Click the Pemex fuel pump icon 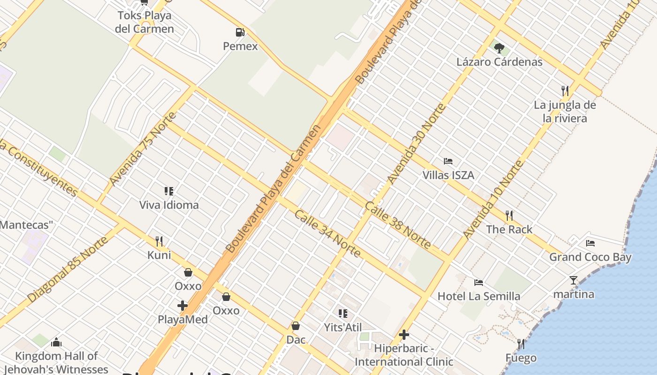click(x=240, y=32)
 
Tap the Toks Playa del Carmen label click(x=145, y=22)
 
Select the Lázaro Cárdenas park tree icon click(x=499, y=48)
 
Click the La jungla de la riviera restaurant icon click(x=565, y=90)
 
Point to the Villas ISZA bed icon click(x=448, y=161)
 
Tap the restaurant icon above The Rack click(x=509, y=216)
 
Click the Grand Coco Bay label click(x=590, y=257)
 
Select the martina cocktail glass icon click(x=573, y=280)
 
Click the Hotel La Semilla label click(x=479, y=296)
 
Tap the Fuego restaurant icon click(x=521, y=344)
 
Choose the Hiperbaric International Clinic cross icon click(x=404, y=335)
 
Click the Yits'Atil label click(x=343, y=327)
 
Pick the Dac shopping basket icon click(x=296, y=326)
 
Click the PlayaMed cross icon click(x=183, y=306)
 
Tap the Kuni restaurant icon click(x=159, y=241)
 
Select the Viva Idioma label click(x=169, y=205)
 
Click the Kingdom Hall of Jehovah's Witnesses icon click(x=56, y=342)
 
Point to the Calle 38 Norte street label click(x=397, y=225)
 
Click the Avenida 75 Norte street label click(x=142, y=149)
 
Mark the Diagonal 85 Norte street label click(x=68, y=270)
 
